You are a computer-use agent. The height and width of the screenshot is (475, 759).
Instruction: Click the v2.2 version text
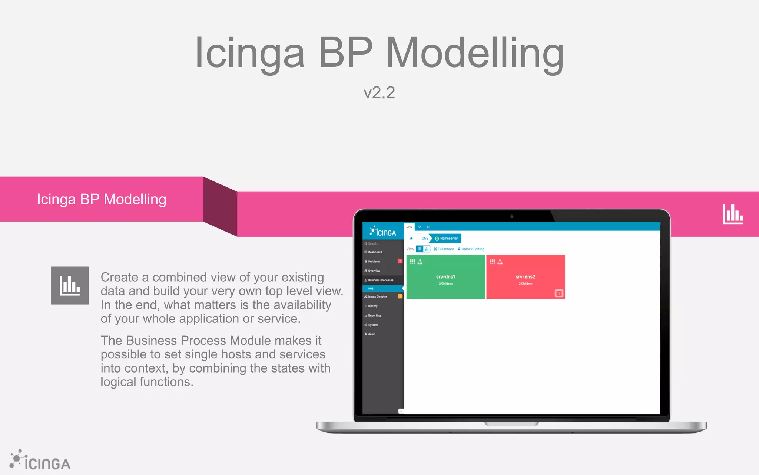point(379,93)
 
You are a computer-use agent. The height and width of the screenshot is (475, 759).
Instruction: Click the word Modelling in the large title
point(475,53)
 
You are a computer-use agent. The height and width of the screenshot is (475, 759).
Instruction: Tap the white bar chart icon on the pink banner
point(733,214)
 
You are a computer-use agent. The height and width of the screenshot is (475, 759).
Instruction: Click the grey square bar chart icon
point(70,285)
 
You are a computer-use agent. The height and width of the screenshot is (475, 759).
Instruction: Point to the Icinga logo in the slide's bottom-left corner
point(40,461)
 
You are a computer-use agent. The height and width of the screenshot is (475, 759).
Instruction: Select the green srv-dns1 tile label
point(445,277)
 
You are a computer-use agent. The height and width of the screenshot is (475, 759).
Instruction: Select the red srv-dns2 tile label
point(525,277)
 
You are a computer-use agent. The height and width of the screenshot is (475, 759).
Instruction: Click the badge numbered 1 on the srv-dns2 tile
point(559,293)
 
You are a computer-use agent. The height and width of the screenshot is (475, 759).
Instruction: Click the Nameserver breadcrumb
point(448,238)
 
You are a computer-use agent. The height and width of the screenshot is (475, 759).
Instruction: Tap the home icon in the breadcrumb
point(411,238)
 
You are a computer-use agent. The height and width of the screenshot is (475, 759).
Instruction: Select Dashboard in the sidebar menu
point(375,252)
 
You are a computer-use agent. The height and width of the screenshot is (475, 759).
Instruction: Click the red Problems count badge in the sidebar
point(400,261)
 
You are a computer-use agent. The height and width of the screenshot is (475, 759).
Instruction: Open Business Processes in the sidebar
point(381,280)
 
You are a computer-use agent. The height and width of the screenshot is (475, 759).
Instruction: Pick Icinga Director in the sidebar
point(377,297)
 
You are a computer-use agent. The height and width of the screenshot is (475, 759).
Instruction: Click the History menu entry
point(372,306)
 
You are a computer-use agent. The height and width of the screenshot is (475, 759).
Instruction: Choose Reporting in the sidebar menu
point(374,315)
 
